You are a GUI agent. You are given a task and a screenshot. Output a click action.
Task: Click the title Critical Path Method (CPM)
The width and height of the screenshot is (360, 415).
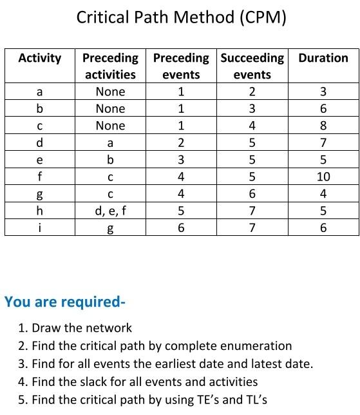(181, 17)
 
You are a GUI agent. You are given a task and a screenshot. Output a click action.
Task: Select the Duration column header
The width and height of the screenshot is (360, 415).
(323, 58)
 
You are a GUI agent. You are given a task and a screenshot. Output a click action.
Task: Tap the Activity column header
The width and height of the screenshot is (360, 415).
(40, 58)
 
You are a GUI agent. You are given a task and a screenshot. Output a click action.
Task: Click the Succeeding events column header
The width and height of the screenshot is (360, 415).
(252, 66)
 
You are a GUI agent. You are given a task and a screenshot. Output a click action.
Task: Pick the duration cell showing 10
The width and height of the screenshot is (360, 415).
(323, 177)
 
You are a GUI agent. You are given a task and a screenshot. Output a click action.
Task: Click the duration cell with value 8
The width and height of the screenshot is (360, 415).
(323, 126)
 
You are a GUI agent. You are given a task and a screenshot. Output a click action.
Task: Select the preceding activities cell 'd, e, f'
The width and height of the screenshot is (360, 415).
(110, 210)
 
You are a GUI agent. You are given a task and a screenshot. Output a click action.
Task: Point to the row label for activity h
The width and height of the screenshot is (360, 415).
(40, 210)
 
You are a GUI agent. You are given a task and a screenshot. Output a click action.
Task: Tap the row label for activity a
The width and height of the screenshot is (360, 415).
(40, 92)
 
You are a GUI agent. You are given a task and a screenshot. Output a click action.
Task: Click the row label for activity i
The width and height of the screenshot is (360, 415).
(40, 227)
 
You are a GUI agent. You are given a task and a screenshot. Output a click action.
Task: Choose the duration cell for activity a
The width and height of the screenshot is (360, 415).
(323, 92)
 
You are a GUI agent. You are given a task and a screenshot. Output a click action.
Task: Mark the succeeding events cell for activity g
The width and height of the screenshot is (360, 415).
(252, 193)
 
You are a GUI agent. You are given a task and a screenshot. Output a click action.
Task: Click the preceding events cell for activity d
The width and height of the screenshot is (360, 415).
(181, 142)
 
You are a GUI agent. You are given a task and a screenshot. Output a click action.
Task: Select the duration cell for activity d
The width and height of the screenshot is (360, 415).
(323, 142)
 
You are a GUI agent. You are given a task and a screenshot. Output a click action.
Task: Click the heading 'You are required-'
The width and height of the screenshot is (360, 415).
(65, 302)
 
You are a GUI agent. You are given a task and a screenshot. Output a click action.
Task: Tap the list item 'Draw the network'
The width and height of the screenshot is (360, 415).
(81, 328)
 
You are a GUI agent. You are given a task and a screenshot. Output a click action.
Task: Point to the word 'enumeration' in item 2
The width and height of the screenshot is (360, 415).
(256, 346)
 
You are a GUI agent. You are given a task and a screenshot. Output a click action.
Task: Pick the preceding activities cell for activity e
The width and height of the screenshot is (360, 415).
(110, 159)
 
